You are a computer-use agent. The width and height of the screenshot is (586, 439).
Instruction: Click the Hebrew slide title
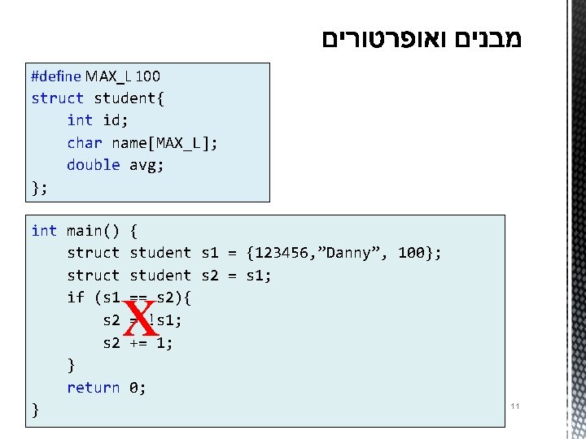(x=421, y=39)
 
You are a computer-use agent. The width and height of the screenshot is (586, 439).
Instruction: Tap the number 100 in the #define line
(x=148, y=76)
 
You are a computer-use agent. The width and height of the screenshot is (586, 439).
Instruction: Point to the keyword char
(x=85, y=143)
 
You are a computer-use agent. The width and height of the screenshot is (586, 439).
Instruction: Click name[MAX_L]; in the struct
(x=165, y=143)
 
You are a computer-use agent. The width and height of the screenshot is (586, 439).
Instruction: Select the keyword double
(x=94, y=165)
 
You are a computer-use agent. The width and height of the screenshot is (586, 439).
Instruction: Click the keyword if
(x=76, y=298)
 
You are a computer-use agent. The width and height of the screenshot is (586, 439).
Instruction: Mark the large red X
(x=141, y=321)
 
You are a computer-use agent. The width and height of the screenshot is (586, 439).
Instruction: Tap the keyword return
(x=94, y=388)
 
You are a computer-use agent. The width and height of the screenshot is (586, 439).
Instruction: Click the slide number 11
(x=514, y=405)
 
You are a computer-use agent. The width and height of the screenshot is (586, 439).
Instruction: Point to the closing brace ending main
(x=35, y=411)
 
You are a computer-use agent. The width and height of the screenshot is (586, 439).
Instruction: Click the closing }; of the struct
(x=39, y=188)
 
